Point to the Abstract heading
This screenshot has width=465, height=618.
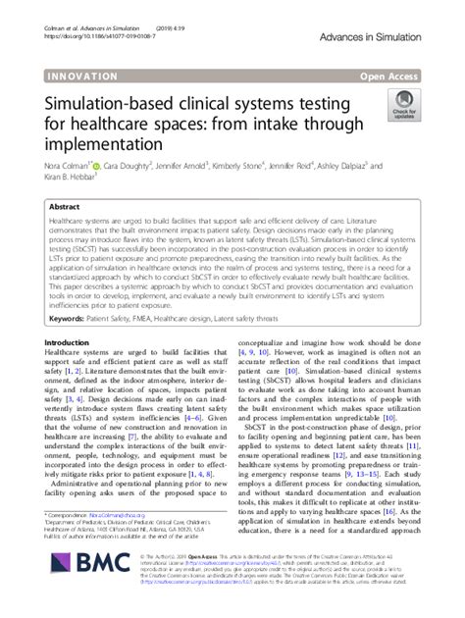(x=65, y=208)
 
